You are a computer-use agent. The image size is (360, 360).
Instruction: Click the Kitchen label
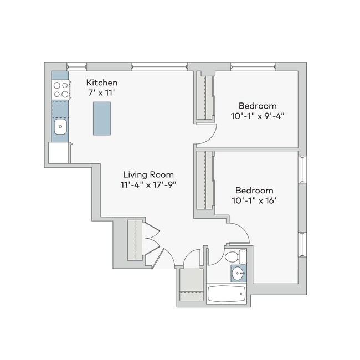tap(102, 83)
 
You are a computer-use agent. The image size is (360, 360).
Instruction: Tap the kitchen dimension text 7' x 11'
tap(102, 92)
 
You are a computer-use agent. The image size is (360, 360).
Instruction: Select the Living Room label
tap(148, 174)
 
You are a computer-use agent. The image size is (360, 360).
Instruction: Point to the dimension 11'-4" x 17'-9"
tap(148, 184)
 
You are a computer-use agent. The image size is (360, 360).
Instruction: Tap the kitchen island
tap(102, 118)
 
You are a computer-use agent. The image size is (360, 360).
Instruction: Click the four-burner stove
tap(60, 89)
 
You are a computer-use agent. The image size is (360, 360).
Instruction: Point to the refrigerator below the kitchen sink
tap(59, 152)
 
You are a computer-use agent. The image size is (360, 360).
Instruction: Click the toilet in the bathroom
tap(235, 256)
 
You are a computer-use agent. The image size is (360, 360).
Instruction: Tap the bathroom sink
tap(239, 273)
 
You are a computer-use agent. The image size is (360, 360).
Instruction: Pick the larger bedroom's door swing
tap(238, 233)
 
